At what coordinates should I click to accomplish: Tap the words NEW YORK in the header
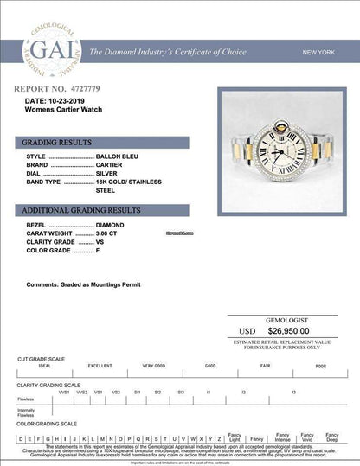[318, 54]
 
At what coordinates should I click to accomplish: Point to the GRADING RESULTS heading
[53, 141]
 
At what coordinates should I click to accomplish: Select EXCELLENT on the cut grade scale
[99, 367]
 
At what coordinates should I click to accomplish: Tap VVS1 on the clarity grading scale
[63, 392]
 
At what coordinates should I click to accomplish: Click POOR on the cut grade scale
[321, 367]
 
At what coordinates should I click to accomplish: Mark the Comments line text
[83, 284]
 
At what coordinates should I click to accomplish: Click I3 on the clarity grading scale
[294, 392]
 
